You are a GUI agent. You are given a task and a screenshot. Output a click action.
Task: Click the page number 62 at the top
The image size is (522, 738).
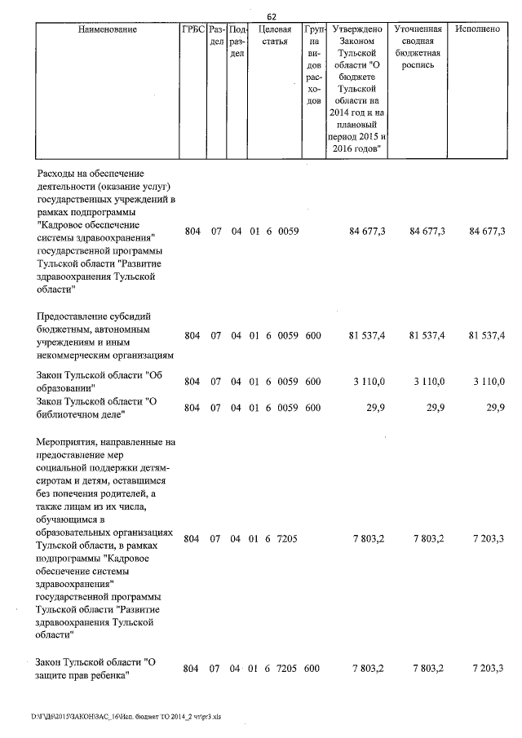click(x=272, y=15)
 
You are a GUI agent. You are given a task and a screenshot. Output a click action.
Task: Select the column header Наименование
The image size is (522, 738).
click(x=108, y=29)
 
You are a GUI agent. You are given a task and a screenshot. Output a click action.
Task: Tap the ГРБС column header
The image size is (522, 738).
click(x=192, y=29)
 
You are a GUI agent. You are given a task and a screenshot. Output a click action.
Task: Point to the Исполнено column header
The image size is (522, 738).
click(x=477, y=29)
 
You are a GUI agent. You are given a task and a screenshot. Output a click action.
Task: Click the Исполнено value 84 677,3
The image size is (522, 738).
click(x=487, y=232)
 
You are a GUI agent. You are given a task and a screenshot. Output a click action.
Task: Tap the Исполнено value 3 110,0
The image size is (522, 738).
click(x=489, y=381)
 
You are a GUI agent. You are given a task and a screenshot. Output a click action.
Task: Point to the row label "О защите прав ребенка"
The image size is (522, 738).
click(x=96, y=668)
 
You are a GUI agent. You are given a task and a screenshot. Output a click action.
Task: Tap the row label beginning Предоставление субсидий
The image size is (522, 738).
click(x=95, y=316)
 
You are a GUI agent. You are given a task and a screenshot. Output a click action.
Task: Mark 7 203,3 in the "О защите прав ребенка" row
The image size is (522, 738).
click(x=488, y=668)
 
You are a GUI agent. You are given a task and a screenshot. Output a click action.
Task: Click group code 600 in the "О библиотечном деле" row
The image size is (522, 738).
click(x=312, y=408)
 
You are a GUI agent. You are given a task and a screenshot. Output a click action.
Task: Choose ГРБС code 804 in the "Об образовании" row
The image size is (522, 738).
click(x=192, y=381)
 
